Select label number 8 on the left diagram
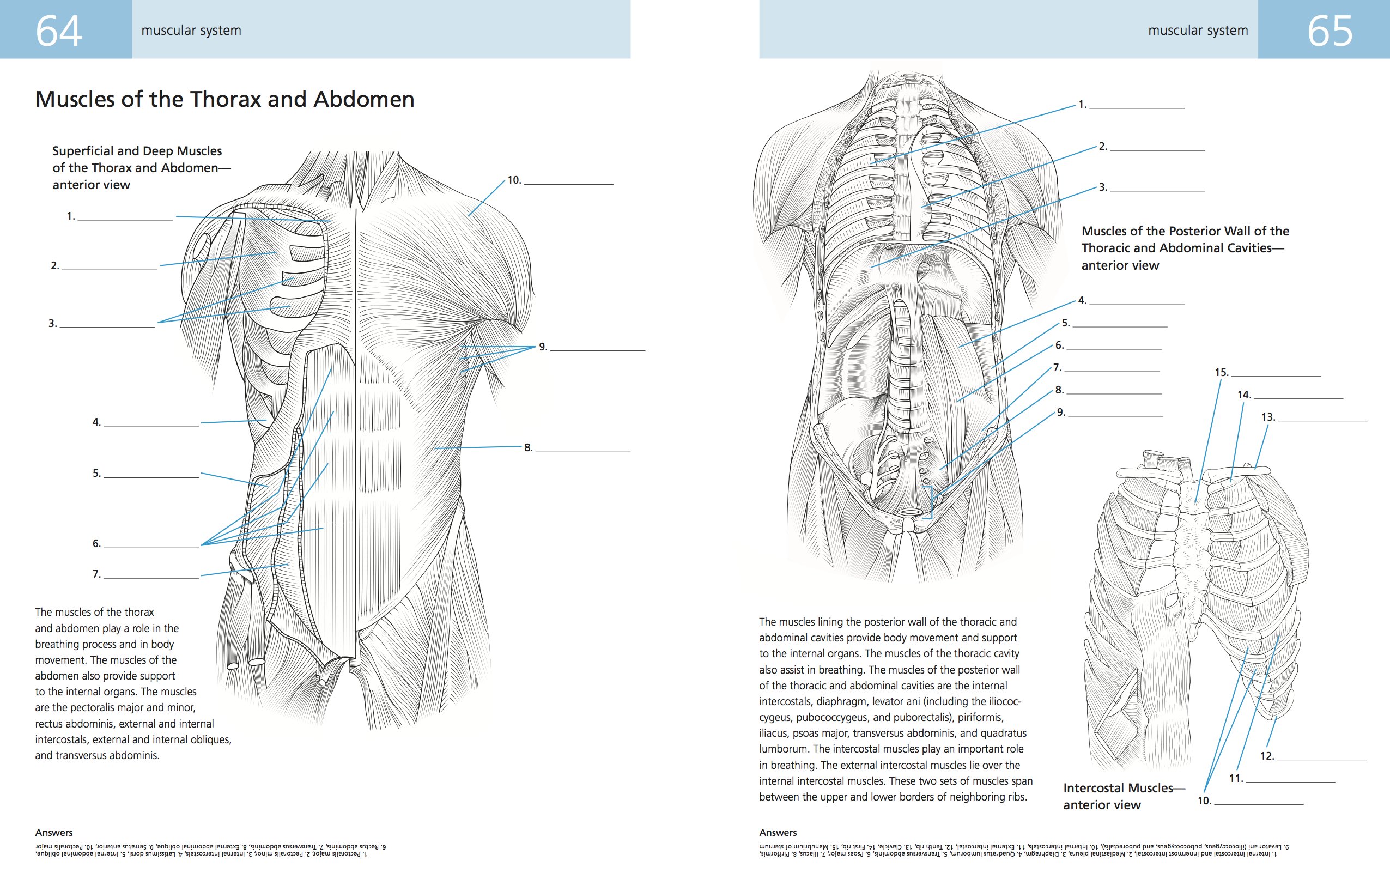[528, 448]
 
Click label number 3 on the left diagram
[52, 324]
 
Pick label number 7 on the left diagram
[96, 574]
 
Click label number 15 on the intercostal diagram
[1222, 373]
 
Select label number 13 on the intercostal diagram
[1268, 417]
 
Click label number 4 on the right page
[1082, 301]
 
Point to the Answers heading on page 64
[54, 833]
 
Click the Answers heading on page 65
[778, 833]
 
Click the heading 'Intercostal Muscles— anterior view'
[1118, 796]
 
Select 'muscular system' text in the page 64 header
[191, 31]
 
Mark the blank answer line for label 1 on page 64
[125, 220]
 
